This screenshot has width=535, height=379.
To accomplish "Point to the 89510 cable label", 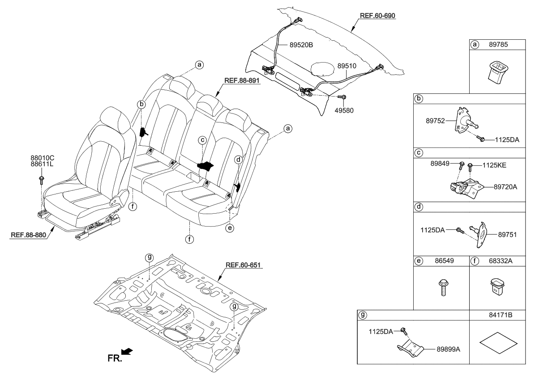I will (x=347, y=65).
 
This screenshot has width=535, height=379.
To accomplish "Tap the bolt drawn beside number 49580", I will (x=342, y=97).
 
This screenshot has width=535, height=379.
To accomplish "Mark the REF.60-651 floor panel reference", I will (x=244, y=265).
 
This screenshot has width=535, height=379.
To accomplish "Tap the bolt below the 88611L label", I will (x=42, y=180).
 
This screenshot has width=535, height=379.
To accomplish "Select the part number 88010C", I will (x=43, y=158).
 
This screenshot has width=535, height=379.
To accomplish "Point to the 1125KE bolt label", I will (x=495, y=165).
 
